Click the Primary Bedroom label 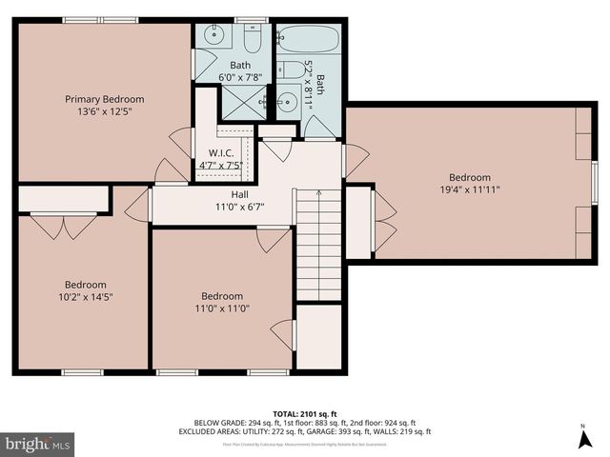[104, 99]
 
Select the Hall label [226, 194]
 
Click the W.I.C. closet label [221, 152]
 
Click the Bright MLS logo [38, 443]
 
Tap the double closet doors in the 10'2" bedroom [63, 224]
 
